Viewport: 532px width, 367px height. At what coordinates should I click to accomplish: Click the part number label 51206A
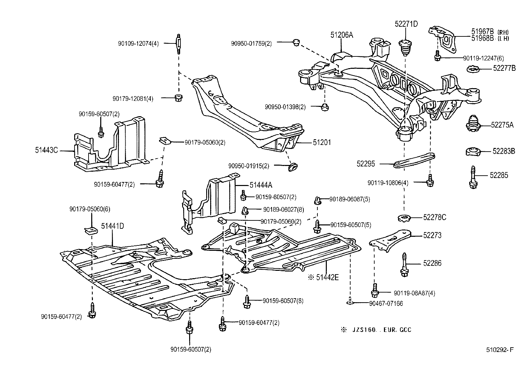coord(342,35)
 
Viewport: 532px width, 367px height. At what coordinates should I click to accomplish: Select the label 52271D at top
coord(406,24)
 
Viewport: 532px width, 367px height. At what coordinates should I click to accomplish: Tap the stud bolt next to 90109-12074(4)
coord(178,43)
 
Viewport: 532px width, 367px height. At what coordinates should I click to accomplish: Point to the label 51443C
coord(46,151)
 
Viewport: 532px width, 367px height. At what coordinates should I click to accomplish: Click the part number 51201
coord(322,143)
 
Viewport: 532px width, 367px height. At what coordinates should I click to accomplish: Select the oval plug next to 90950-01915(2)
coord(293,166)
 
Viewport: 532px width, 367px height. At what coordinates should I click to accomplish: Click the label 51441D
coord(113,226)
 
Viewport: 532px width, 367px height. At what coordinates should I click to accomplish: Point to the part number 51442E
coord(327,277)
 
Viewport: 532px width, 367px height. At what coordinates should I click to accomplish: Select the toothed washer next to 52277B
coord(473,69)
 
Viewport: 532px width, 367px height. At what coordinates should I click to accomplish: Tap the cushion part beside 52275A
coord(473,124)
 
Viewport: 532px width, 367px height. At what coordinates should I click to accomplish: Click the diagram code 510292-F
coord(500,350)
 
